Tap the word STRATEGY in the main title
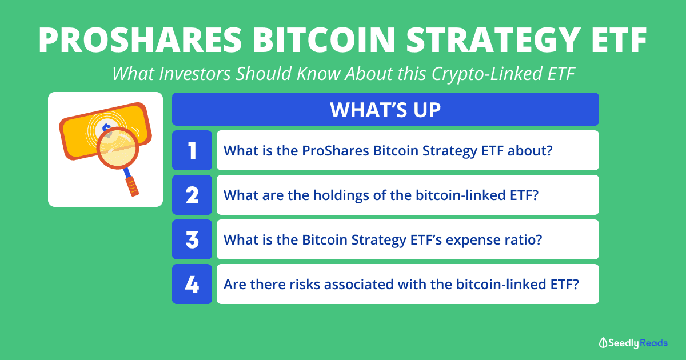click(493, 40)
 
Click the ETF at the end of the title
click(619, 40)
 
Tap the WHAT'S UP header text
click(385, 110)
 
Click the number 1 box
click(192, 150)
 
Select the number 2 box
click(192, 195)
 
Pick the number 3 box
click(192, 239)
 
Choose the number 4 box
click(192, 284)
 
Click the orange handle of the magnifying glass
click(132, 187)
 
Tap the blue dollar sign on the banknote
click(106, 128)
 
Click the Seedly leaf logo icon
click(603, 343)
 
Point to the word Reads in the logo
click(653, 343)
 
